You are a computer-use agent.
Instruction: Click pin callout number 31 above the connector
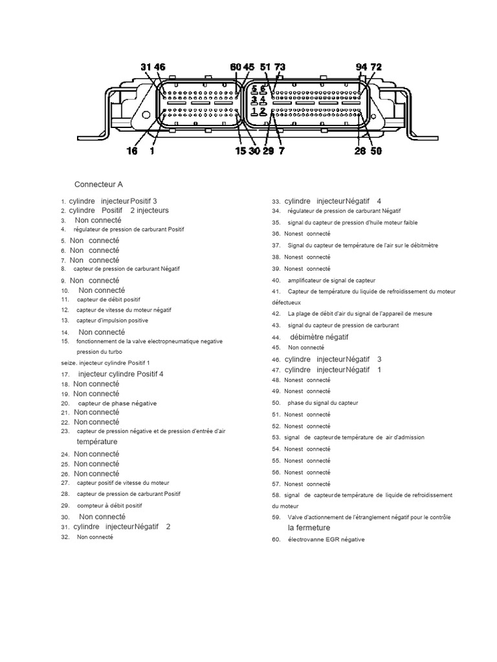(x=146, y=67)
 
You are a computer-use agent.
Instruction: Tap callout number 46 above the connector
(x=159, y=67)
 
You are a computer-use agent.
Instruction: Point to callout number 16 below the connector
(x=132, y=151)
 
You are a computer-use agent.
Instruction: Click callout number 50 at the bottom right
(x=375, y=151)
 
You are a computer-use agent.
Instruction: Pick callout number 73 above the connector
(x=280, y=67)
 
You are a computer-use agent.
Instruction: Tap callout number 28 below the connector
(x=360, y=151)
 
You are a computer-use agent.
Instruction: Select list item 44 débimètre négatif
(x=319, y=337)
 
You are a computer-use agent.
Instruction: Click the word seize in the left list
(x=68, y=363)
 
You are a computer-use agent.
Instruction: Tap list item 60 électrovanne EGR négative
(x=326, y=539)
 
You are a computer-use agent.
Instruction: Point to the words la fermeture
(x=309, y=528)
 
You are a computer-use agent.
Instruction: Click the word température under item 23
(x=97, y=442)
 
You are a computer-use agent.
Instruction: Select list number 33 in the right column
(x=276, y=202)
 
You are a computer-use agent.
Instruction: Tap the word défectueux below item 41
(x=286, y=302)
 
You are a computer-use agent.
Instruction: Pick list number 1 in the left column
(x=63, y=202)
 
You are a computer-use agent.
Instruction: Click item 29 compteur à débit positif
(x=109, y=506)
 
